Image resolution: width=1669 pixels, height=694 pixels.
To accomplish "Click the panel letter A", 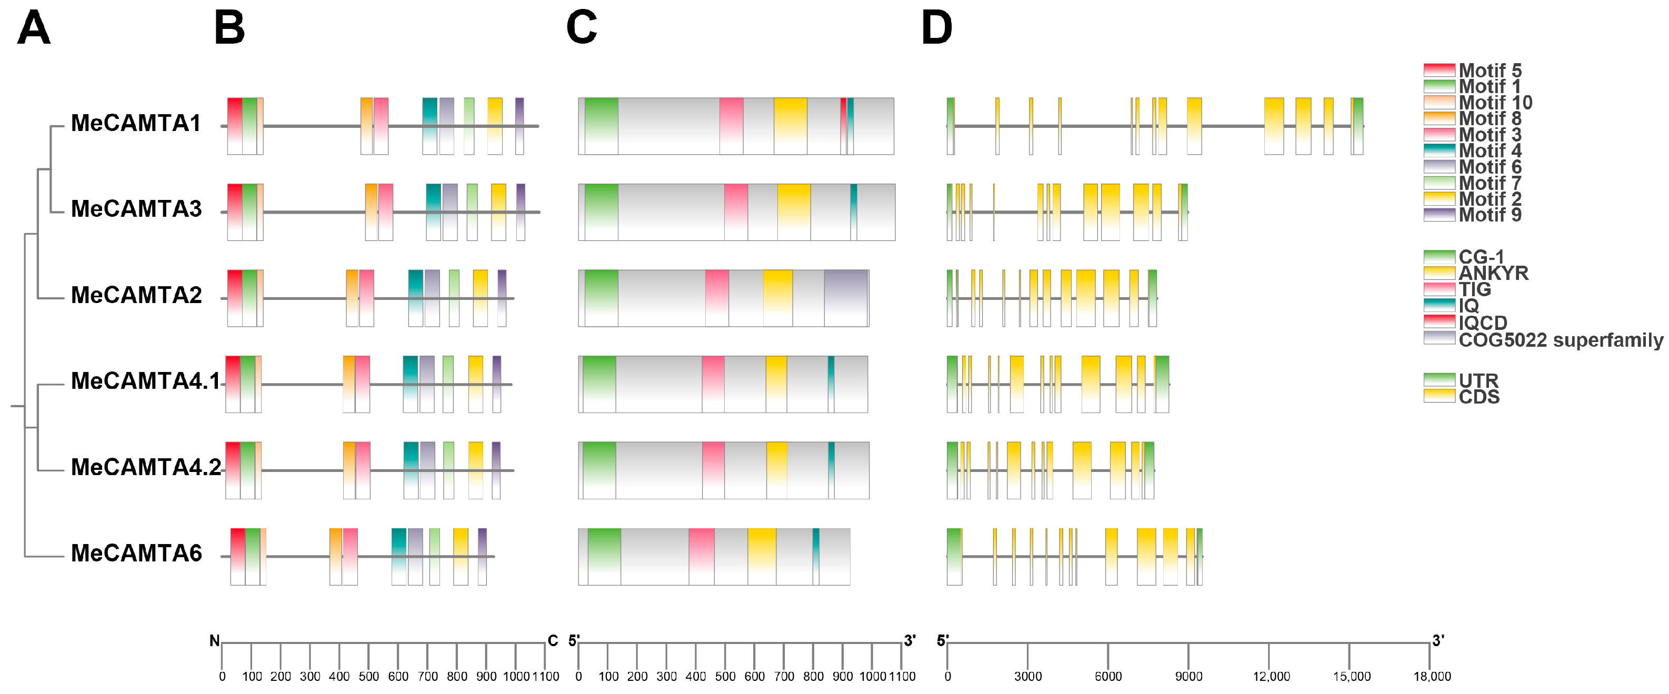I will (x=34, y=29).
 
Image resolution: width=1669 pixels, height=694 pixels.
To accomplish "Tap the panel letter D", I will (x=936, y=29).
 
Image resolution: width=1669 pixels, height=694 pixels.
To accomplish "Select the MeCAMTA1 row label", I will (x=136, y=123).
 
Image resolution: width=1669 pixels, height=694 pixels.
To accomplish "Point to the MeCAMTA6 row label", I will (x=136, y=554).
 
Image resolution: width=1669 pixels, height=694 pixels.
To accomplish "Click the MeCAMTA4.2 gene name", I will (x=146, y=467).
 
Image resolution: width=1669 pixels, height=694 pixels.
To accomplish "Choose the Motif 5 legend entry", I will (x=1490, y=70).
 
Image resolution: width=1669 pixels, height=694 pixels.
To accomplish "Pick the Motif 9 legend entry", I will (x=1490, y=214).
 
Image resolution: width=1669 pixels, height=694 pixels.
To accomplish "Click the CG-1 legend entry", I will (x=1481, y=257).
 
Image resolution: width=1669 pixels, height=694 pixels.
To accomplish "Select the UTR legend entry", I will (x=1478, y=380).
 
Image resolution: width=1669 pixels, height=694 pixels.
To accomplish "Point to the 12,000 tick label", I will (x=1271, y=677).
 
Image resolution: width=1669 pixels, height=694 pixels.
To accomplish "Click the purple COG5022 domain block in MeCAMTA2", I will (x=846, y=298).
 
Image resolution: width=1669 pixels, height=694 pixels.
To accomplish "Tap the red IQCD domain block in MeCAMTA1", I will (x=844, y=126).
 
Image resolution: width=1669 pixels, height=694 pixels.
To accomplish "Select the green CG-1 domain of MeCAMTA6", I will (x=604, y=557).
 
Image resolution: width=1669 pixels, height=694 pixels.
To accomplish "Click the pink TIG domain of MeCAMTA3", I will (x=736, y=212).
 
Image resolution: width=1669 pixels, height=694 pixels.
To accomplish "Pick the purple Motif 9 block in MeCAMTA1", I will (x=519, y=126).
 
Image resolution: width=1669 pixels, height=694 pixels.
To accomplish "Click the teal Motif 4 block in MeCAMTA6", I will (x=399, y=557).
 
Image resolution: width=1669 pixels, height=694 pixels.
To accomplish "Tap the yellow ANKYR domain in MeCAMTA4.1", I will (x=776, y=384).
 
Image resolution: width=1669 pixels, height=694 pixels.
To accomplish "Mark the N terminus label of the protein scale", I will (x=214, y=641).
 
